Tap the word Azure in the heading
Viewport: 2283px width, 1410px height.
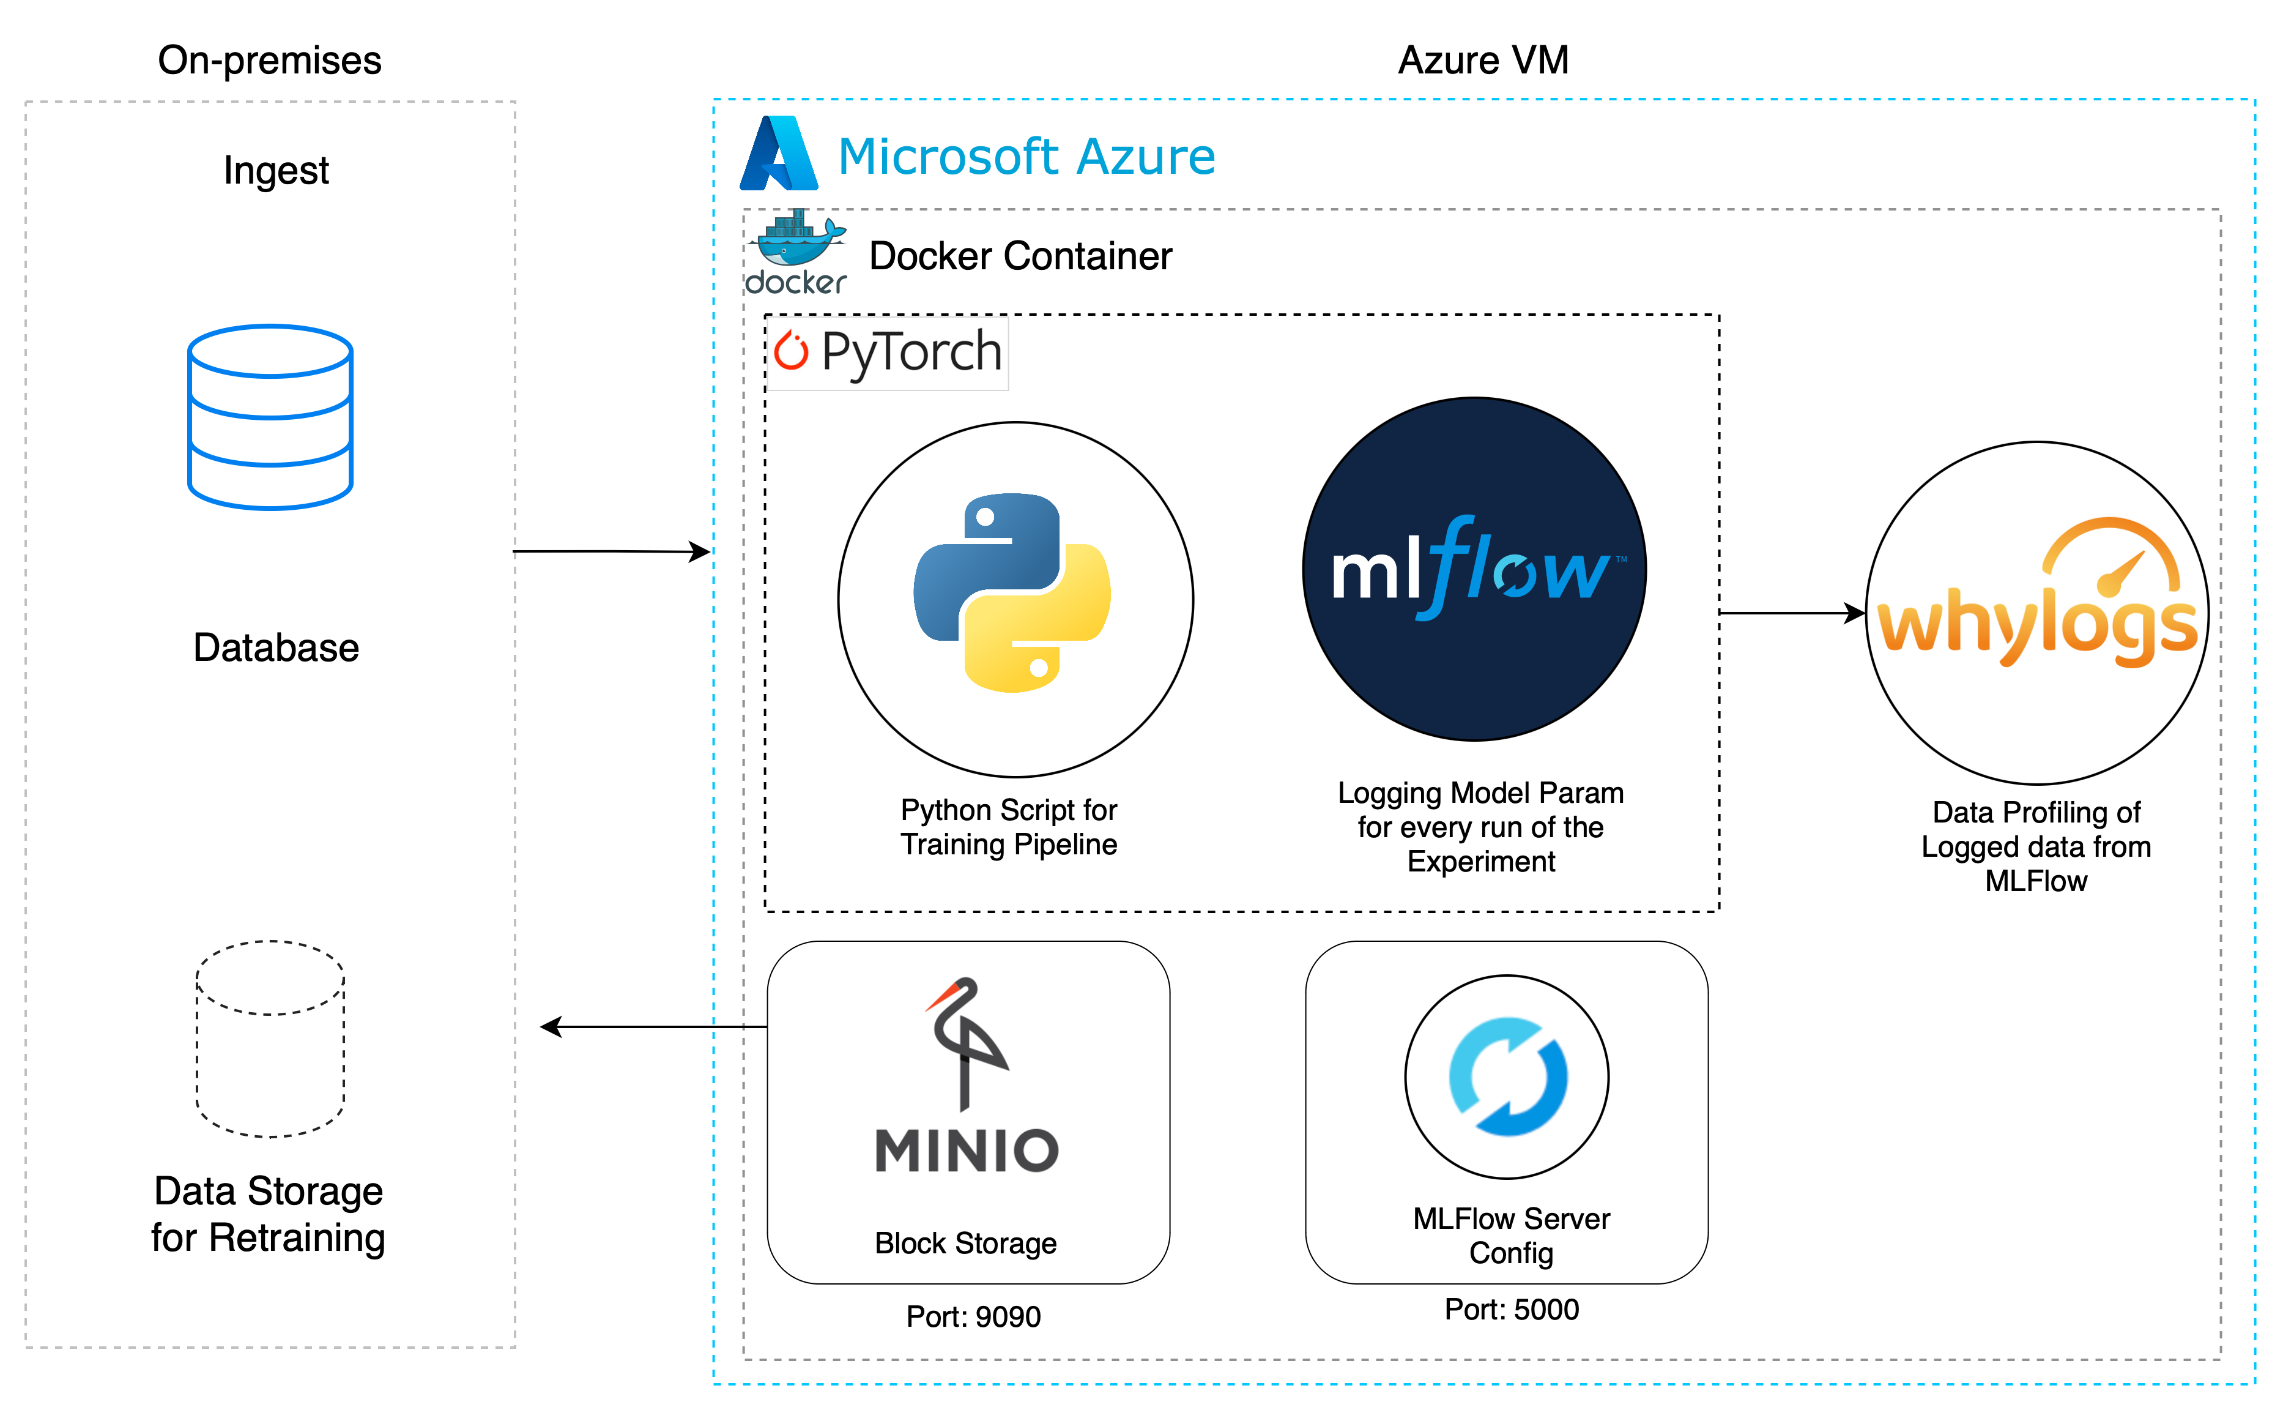(1146, 157)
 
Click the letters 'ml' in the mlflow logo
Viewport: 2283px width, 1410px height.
(1376, 572)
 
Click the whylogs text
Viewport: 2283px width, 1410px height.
(2037, 627)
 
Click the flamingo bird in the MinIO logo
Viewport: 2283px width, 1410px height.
(965, 1040)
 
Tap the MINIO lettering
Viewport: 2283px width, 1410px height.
(967, 1151)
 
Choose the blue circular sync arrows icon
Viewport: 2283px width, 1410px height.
(1507, 1077)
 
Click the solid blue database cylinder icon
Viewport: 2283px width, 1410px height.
(270, 417)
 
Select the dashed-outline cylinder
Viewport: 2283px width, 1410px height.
(270, 1039)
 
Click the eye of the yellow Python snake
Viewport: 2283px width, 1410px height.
(1039, 668)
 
